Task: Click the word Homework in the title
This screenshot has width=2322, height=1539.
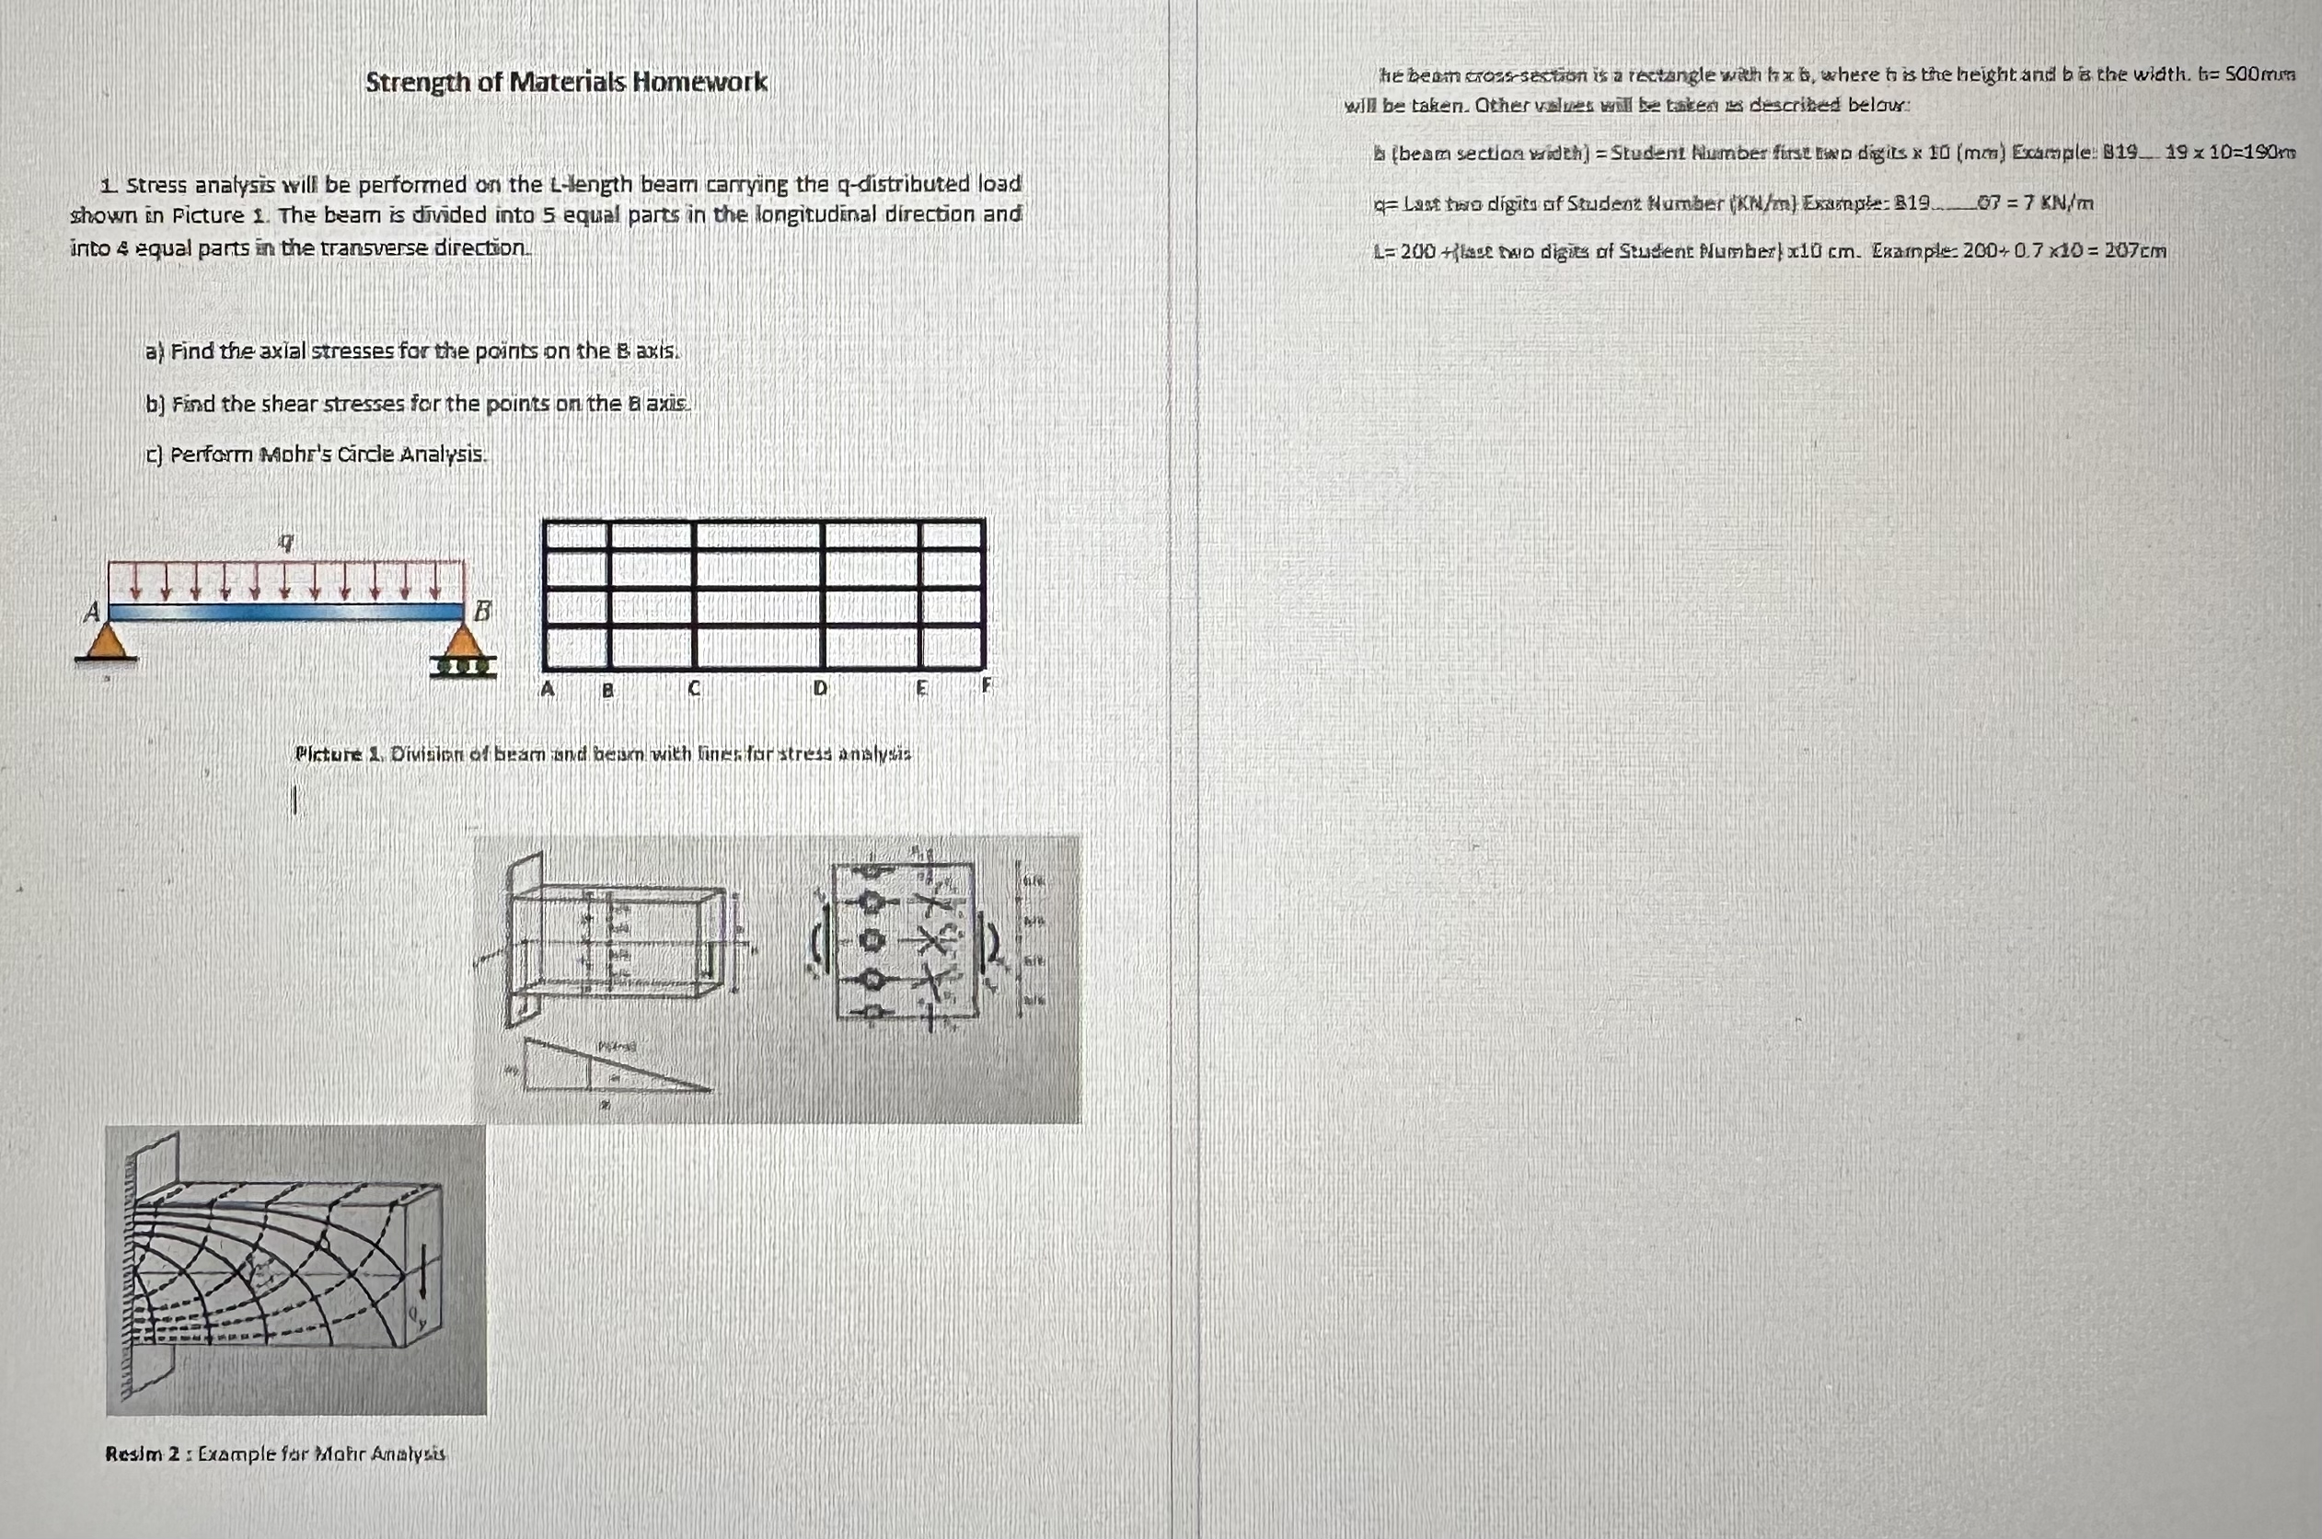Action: pos(699,82)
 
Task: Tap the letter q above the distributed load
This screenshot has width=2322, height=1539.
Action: pos(284,540)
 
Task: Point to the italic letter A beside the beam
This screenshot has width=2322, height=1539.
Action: pos(91,613)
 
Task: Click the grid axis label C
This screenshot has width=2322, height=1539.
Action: pos(693,689)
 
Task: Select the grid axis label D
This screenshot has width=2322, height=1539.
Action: pos(820,689)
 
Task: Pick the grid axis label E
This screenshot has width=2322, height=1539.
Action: pos(921,689)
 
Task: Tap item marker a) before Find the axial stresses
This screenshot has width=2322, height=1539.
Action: pos(154,351)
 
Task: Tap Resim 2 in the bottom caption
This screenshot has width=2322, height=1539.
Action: pos(143,1453)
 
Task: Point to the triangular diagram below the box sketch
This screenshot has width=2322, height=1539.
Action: pos(608,1067)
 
